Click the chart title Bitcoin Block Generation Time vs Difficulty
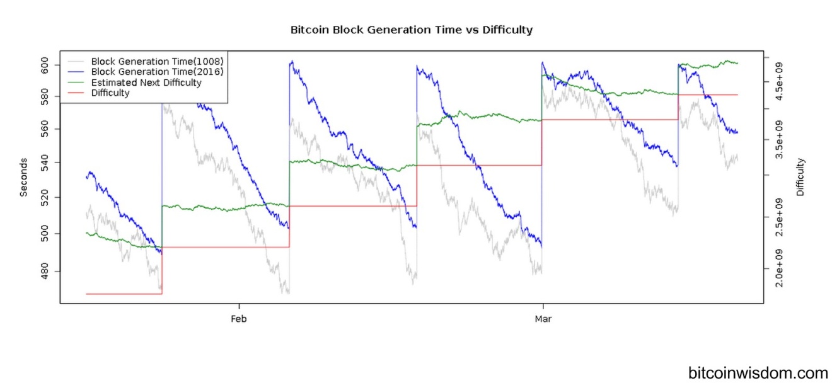(x=411, y=30)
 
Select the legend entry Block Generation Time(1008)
(x=157, y=62)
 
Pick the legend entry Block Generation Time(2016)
(x=157, y=72)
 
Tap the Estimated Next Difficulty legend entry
(x=146, y=83)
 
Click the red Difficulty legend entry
(x=110, y=93)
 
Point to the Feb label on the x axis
(x=238, y=319)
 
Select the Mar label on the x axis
(x=543, y=319)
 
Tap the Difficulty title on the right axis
(x=801, y=177)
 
